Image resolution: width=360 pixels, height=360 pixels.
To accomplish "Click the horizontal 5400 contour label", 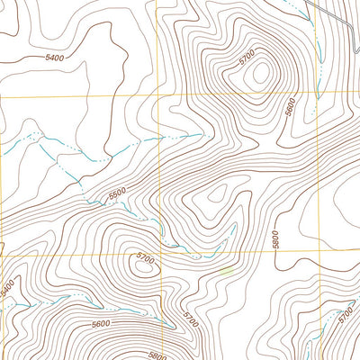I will coord(54,58).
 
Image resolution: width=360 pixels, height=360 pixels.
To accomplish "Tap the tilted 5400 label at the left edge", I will coord(7,290).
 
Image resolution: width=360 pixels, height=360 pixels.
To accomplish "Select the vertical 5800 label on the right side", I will coord(274,238).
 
